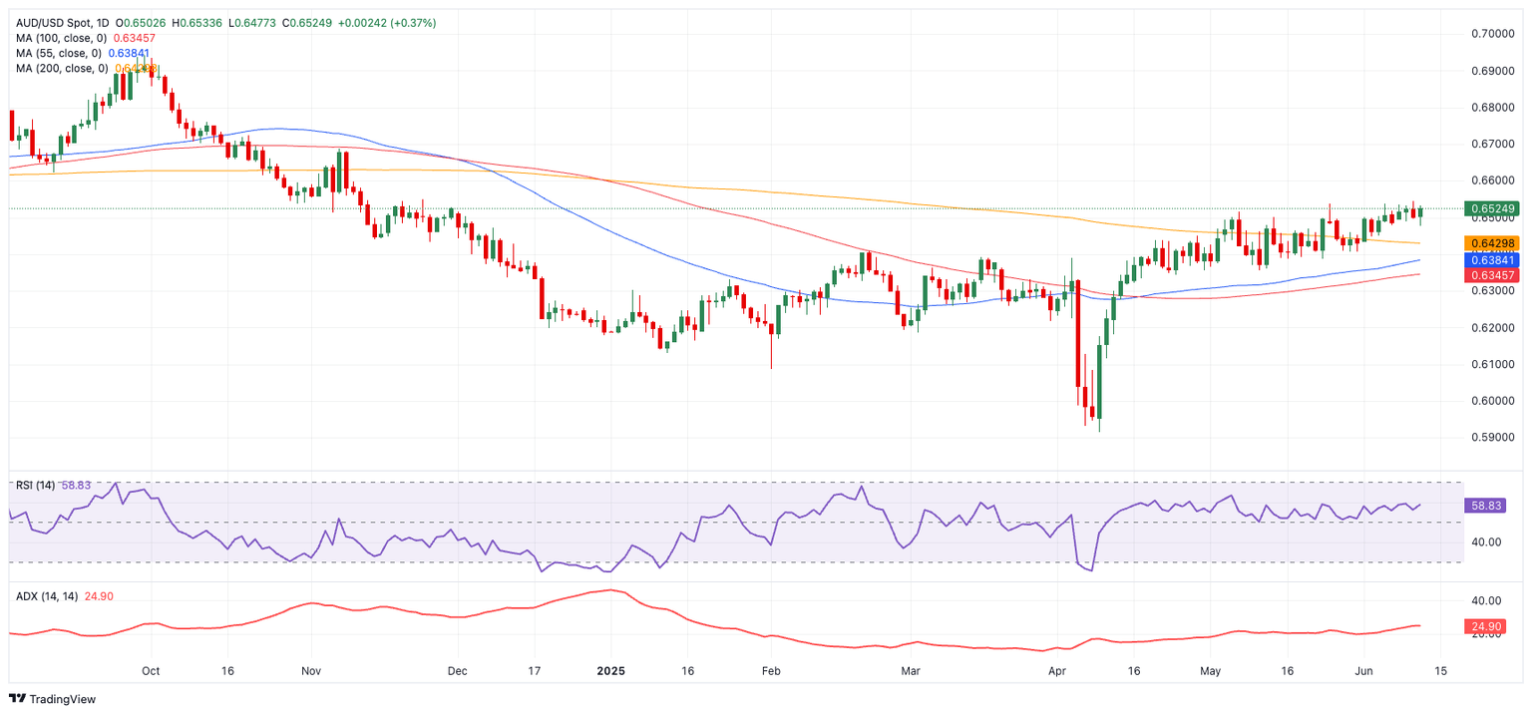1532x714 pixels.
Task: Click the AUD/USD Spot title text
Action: pyautogui.click(x=62, y=23)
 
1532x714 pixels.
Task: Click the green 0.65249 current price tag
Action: pyautogui.click(x=1490, y=208)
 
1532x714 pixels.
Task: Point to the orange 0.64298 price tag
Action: pyautogui.click(x=1490, y=243)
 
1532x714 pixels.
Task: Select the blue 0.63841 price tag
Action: pyautogui.click(x=1490, y=259)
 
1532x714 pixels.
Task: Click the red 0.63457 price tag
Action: pyautogui.click(x=1490, y=274)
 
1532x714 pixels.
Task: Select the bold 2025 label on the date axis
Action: pyautogui.click(x=610, y=671)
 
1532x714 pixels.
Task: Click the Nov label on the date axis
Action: pyautogui.click(x=310, y=671)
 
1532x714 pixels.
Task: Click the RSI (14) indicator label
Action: pyautogui.click(x=36, y=486)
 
